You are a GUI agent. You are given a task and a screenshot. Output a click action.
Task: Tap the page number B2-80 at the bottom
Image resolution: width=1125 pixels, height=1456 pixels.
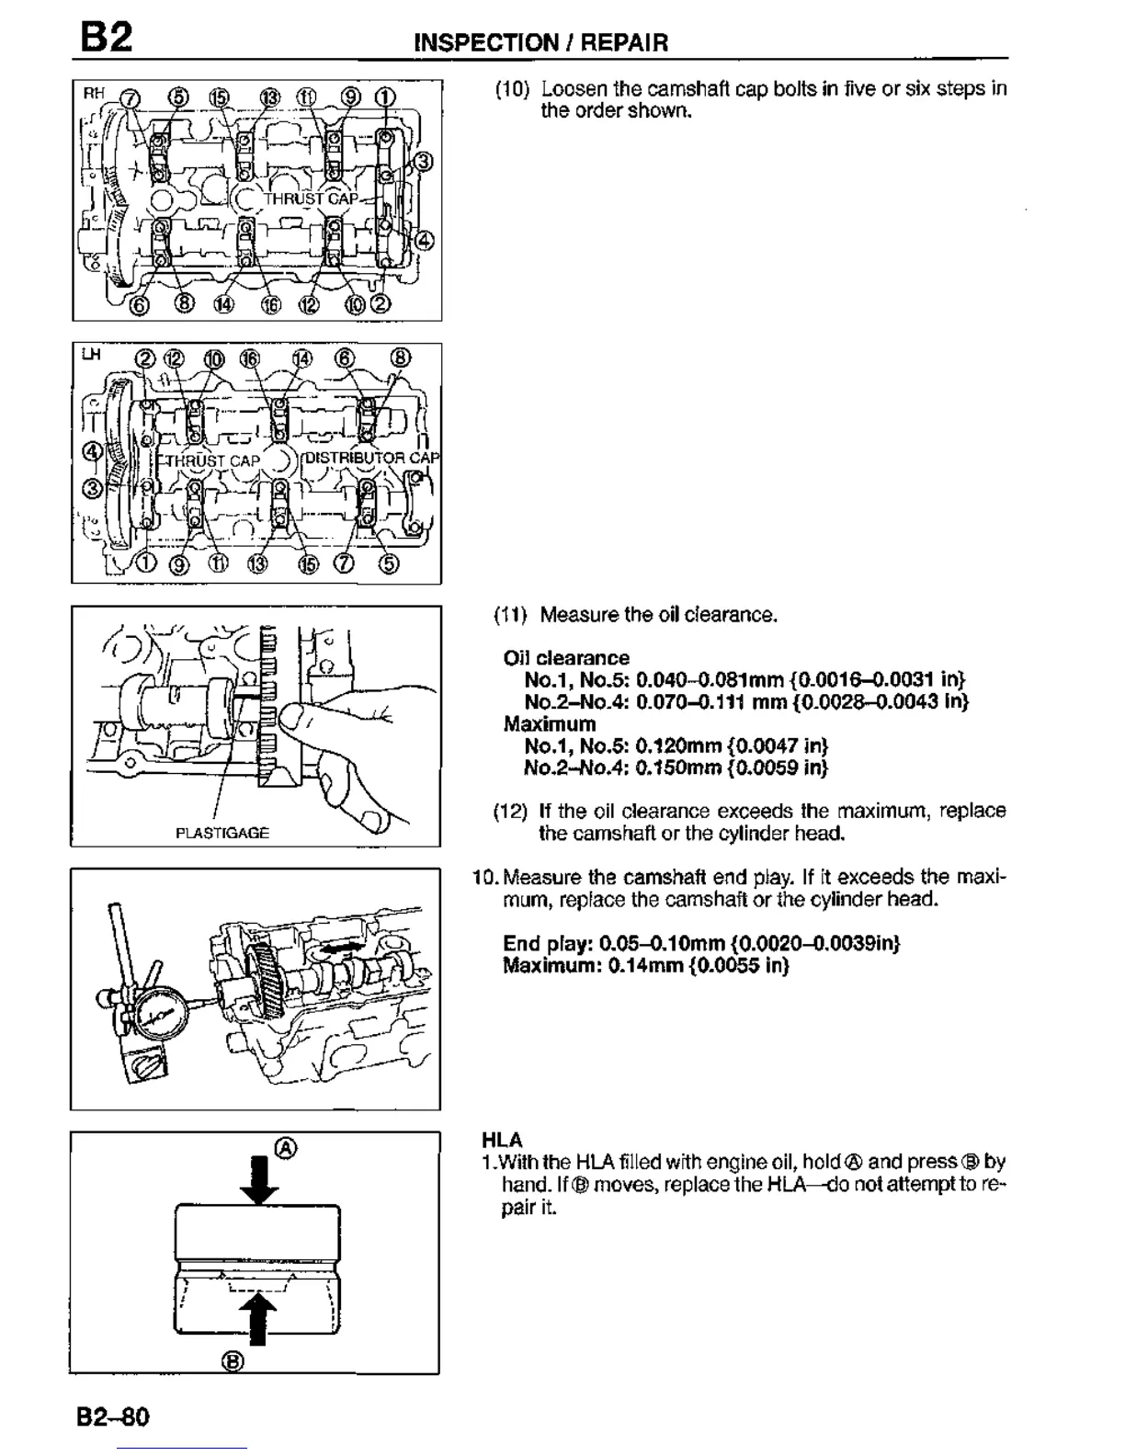113,1416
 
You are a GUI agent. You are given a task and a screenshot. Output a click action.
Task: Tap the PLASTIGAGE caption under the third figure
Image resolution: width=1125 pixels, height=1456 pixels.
222,833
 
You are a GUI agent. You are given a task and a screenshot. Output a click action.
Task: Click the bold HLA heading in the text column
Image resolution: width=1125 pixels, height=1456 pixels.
502,1141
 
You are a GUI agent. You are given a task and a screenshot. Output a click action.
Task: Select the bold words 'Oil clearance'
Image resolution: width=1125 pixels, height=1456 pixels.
566,658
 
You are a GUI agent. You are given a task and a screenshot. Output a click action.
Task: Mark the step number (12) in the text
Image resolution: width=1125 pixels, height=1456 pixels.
511,812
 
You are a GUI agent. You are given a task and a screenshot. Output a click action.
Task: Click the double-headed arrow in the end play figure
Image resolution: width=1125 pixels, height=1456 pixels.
339,946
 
